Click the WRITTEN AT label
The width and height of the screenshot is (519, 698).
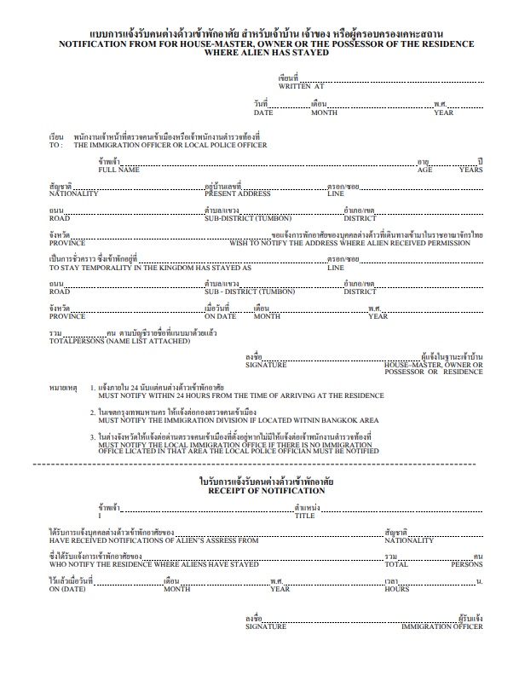coord(301,86)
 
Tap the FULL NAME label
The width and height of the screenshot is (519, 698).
coord(118,170)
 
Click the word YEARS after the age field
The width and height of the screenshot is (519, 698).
coord(471,170)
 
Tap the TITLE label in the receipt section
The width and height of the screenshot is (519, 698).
coord(304,516)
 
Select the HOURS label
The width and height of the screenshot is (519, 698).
coord(396,589)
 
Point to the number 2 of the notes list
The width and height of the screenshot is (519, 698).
coord(93,412)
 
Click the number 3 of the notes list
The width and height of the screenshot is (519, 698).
coord(93,436)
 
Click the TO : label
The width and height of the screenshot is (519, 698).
coord(56,145)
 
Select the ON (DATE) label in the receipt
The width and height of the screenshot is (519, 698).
coord(66,589)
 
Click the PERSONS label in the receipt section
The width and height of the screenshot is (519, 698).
coord(466,564)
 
